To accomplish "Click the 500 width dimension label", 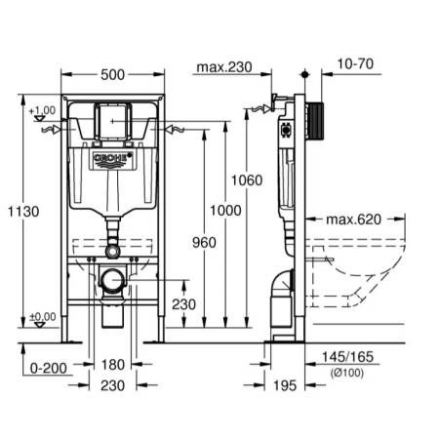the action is click(112, 75).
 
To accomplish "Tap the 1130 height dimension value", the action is click(23, 212).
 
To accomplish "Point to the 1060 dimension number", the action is click(247, 180).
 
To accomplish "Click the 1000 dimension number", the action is click(225, 211).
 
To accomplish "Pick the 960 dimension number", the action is click(204, 243).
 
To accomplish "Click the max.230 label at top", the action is click(224, 67).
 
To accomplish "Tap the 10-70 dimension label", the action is click(355, 64).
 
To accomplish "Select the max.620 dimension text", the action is click(353, 219).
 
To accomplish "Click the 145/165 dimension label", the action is click(347, 357).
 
